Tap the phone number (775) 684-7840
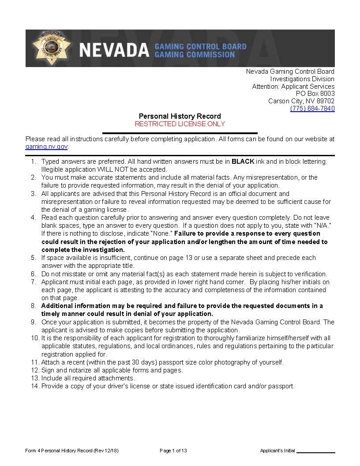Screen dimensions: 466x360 (x=312, y=109)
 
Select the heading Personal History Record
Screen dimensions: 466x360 (x=180, y=116)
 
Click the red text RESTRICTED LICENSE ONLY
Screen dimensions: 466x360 (x=180, y=124)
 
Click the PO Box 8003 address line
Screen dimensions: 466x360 (x=315, y=94)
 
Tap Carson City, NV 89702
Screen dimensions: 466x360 (x=301, y=101)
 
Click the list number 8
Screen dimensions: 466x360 (x=34, y=306)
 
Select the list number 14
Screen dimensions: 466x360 (x=35, y=386)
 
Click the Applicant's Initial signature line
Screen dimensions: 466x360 (x=316, y=451)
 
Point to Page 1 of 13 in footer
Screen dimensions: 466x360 (x=173, y=451)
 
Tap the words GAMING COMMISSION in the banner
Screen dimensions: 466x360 (x=195, y=55)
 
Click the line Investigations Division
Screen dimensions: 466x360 (x=302, y=79)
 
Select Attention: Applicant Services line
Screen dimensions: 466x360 (x=293, y=86)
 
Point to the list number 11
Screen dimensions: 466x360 (x=35, y=362)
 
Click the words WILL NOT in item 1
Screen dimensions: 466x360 (x=102, y=169)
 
